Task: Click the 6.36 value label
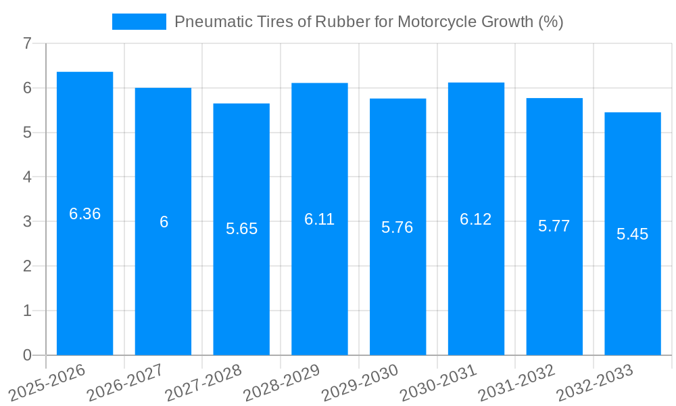[84, 214]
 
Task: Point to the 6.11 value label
[319, 219]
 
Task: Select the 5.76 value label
[397, 227]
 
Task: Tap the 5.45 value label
[632, 234]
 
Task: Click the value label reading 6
[164, 222]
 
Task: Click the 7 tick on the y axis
[27, 43]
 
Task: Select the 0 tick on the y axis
[27, 355]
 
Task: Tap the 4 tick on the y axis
[27, 177]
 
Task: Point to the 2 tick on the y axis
[27, 266]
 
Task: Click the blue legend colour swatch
[139, 22]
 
